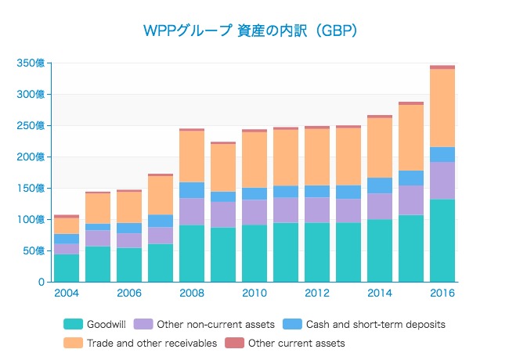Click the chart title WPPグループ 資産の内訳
(x=251, y=31)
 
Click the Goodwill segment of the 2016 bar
(x=442, y=240)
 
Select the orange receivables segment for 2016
(x=442, y=108)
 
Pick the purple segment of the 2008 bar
(x=192, y=211)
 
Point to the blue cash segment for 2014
(x=380, y=185)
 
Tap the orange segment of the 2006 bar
(x=129, y=207)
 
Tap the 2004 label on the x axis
(x=67, y=293)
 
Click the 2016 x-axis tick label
(x=442, y=293)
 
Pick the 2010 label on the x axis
(x=254, y=293)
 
